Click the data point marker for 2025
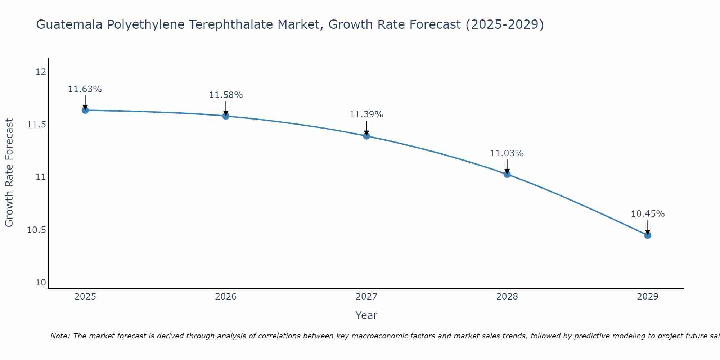[85, 110]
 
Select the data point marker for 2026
[226, 116]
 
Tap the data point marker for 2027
[366, 136]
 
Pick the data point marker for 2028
[507, 174]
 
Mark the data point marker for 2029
[648, 235]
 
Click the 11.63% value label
[85, 89]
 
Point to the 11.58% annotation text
[226, 95]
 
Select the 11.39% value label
[366, 114]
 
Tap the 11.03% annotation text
[507, 153]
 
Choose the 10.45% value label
[648, 214]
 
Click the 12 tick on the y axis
[41, 72]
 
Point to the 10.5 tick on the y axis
[37, 230]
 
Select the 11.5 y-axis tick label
[37, 125]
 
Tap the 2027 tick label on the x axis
[366, 297]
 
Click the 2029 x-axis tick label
[648, 297]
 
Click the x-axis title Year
[366, 315]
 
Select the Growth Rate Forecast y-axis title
[9, 173]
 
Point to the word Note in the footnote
[60, 336]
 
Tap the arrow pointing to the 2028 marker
[507, 166]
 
